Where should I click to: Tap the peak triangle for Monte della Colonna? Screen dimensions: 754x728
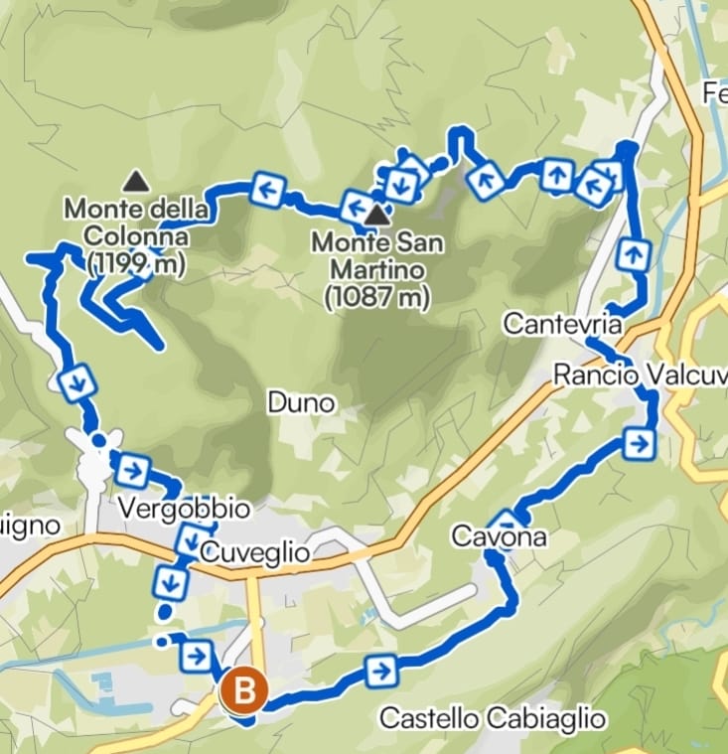tap(136, 181)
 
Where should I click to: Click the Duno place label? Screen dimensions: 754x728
tap(301, 403)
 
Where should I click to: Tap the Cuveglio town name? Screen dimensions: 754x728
tap(254, 552)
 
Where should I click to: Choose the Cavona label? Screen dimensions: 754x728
tap(499, 537)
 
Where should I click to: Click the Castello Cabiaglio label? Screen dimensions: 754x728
tap(493, 717)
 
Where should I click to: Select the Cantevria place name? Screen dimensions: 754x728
tap(562, 324)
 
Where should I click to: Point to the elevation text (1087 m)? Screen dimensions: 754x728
tap(376, 295)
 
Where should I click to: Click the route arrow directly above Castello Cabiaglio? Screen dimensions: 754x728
tap(380, 672)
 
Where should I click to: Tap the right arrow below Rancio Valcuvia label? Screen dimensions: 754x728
tap(640, 443)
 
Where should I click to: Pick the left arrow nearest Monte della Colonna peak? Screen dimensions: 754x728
tap(267, 189)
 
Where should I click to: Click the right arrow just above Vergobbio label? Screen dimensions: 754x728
tap(132, 468)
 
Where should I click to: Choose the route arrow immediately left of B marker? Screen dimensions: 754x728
tap(196, 656)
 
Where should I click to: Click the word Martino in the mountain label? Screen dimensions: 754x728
tap(376, 269)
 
